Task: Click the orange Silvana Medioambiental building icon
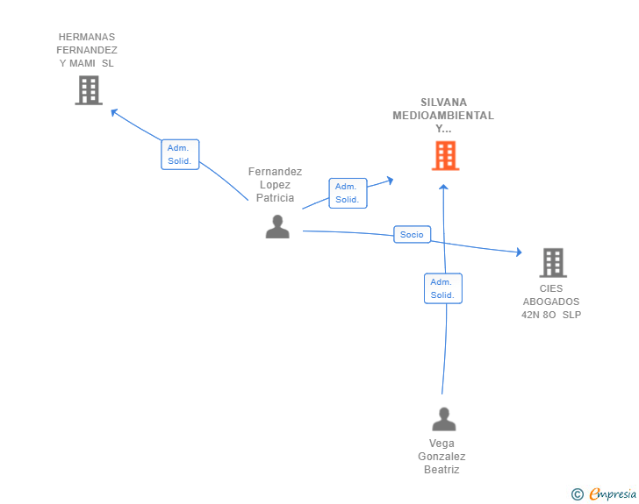click(x=445, y=155)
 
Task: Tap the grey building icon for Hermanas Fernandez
click(x=89, y=90)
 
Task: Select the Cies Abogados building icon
click(x=553, y=263)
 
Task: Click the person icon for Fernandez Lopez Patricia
click(x=277, y=226)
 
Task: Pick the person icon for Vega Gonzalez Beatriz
click(x=444, y=419)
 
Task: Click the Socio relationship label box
click(x=412, y=235)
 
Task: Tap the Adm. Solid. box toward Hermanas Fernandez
click(x=180, y=154)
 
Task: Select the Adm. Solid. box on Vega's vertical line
click(x=443, y=288)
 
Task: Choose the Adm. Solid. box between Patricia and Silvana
click(x=348, y=193)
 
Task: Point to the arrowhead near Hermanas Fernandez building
click(x=114, y=112)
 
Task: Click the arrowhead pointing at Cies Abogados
click(x=519, y=252)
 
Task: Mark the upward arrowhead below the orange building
click(x=443, y=187)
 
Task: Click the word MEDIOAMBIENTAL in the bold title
click(x=443, y=116)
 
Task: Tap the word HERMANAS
click(x=87, y=37)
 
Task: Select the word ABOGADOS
click(x=551, y=302)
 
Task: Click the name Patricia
click(x=275, y=198)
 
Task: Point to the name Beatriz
click(x=442, y=470)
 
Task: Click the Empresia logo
click(x=613, y=493)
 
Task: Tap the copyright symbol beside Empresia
click(x=578, y=494)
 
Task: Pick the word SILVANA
click(x=444, y=103)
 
